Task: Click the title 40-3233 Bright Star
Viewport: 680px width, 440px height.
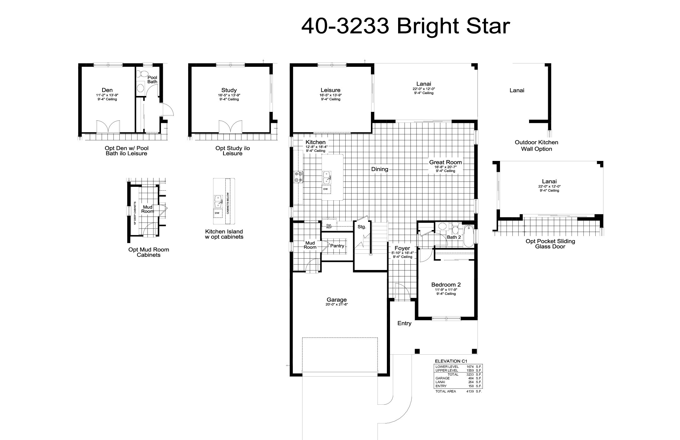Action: (405, 26)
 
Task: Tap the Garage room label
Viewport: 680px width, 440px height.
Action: (337, 300)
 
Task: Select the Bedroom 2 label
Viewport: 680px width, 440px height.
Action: (446, 285)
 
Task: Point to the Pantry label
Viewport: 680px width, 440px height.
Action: (337, 246)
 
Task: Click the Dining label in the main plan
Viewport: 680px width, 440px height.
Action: (380, 169)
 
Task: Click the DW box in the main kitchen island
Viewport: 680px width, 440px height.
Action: (325, 189)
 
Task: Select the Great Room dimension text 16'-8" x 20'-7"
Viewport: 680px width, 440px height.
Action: (445, 167)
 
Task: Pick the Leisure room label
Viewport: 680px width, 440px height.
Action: (330, 90)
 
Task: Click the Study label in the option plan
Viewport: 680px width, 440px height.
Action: (229, 90)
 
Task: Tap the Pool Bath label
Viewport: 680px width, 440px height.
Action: (152, 79)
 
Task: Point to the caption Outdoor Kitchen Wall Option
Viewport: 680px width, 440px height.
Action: (536, 146)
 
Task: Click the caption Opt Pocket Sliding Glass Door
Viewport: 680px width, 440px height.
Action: (550, 244)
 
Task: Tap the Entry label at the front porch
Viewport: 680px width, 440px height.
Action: (404, 323)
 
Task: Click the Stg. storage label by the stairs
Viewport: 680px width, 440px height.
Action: (362, 227)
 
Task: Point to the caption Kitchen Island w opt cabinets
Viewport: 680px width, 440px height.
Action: (224, 234)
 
